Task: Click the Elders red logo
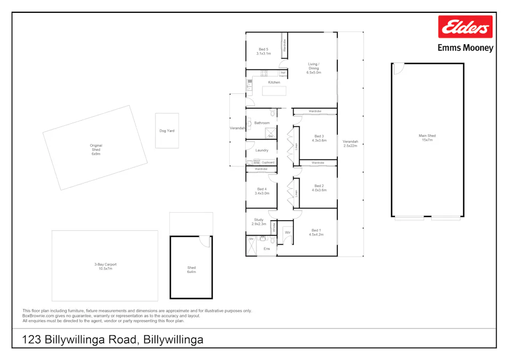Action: (x=465, y=27)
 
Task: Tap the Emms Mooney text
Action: (x=465, y=48)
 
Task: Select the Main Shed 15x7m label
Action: (x=427, y=138)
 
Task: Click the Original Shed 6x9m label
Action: (x=96, y=150)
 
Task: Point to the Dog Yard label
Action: (x=167, y=131)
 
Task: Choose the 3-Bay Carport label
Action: (x=105, y=266)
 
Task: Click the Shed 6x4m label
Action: (x=191, y=270)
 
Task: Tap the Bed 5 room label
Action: (x=263, y=52)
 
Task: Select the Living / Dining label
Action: (x=313, y=68)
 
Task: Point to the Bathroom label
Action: (x=262, y=123)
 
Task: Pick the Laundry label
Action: (x=262, y=150)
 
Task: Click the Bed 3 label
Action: (x=319, y=138)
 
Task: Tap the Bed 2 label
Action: (x=319, y=188)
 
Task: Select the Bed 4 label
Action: (x=262, y=191)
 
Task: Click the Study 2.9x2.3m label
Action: (x=259, y=222)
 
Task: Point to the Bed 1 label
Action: (x=317, y=233)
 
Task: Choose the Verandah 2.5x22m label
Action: (x=350, y=143)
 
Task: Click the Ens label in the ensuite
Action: (x=266, y=249)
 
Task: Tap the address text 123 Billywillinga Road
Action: (x=112, y=340)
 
